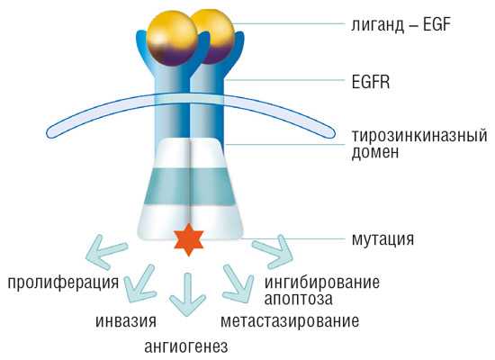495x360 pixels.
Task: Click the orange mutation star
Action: tap(189, 239)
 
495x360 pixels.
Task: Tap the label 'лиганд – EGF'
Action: tap(400, 24)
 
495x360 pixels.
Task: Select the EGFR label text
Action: tap(371, 82)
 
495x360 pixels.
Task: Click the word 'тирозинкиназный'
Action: tap(419, 136)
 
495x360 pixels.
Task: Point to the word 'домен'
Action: tap(375, 152)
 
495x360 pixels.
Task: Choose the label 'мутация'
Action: tap(382, 239)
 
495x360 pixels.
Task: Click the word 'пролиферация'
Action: tap(63, 283)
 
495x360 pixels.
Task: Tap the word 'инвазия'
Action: tap(126, 321)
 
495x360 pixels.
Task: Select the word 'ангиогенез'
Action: tap(186, 346)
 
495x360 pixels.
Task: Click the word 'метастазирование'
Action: tap(290, 321)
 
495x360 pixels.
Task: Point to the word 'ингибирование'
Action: tap(321, 282)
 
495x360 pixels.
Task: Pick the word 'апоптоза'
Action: tap(298, 299)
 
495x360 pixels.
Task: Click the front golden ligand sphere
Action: tap(173, 39)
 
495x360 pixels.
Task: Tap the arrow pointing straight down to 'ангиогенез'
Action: tap(188, 294)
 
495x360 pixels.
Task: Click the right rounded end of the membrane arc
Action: tap(330, 132)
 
